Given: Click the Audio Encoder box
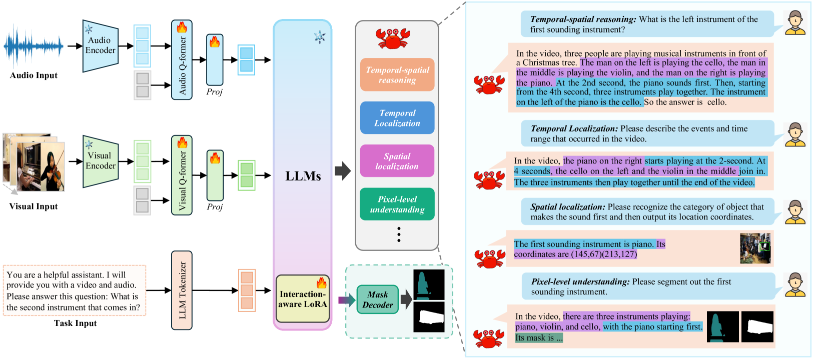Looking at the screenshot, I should coord(101,45).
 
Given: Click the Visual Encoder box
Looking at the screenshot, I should coord(101,161).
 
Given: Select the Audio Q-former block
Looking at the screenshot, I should coord(182,60).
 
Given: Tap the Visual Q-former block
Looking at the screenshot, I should coord(182,175).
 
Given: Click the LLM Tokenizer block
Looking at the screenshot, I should coord(182,290).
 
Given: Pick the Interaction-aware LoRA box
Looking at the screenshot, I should coord(303,299).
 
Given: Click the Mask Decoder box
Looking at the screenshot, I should coord(378,299).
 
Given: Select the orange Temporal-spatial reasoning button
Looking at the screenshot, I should coord(397,75).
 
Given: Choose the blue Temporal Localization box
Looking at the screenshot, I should coord(397,118).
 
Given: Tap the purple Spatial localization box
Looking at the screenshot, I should coord(397,161).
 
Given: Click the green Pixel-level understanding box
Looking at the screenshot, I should coord(397,204).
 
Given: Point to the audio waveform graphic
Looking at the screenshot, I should coord(34,46).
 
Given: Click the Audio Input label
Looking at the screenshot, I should coord(34,75).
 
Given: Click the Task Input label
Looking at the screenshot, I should coord(75,323).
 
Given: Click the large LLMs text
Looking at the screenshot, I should coord(303,176).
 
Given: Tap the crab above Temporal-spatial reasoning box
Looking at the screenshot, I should coord(393,38).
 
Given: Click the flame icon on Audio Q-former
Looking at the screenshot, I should coord(182,27).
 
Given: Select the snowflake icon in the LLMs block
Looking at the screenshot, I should coord(320,37).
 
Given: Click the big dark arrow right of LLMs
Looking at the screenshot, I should coord(343,170).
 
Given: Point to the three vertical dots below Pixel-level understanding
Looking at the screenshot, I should coord(399,234).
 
